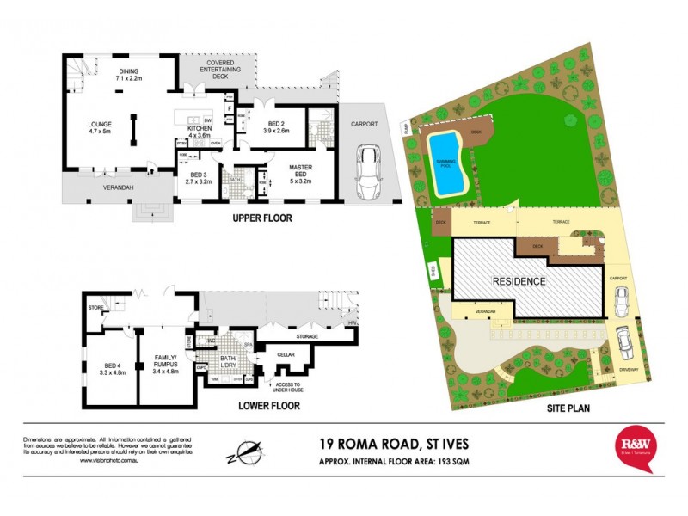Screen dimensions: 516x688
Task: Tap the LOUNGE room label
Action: pos(100,128)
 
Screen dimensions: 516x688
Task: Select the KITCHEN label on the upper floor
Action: pos(200,132)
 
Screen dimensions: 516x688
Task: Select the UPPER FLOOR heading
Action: pos(262,218)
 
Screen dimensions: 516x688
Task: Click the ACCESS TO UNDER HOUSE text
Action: pos(290,388)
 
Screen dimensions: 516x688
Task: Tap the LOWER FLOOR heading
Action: pos(269,406)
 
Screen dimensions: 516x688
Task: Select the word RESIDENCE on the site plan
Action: pos(519,281)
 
